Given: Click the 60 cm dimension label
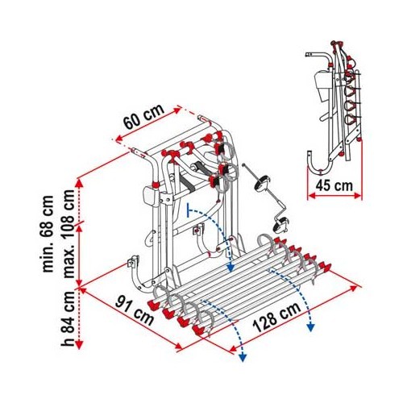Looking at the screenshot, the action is click(x=143, y=116).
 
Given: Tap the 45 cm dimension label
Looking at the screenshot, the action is click(x=334, y=185).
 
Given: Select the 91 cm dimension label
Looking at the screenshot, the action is click(x=135, y=311).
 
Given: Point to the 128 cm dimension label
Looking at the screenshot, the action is click(x=276, y=318).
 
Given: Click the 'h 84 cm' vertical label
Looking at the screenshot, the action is click(x=67, y=318).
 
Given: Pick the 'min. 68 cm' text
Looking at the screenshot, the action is click(x=48, y=234).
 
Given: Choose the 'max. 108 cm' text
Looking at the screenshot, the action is click(x=68, y=234).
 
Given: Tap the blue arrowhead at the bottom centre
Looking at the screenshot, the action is click(x=243, y=357).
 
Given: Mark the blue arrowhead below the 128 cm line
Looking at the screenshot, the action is click(x=311, y=327).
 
